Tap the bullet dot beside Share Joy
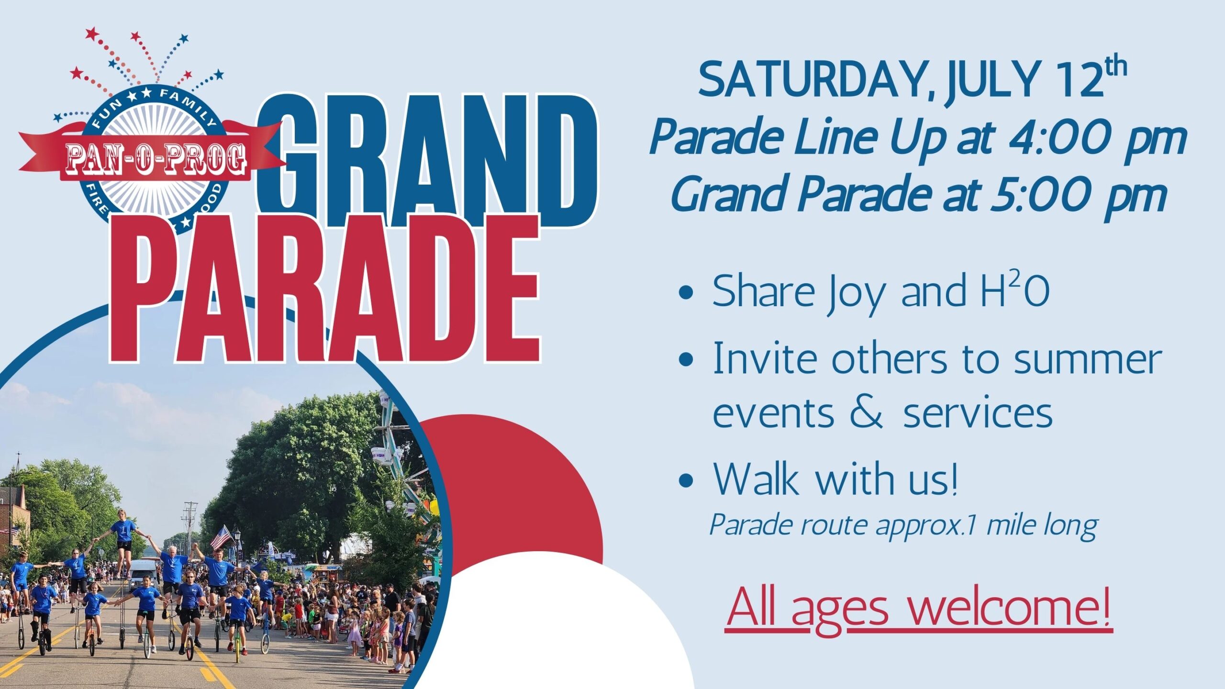(x=686, y=292)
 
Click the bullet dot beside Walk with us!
(x=686, y=480)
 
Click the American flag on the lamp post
(x=221, y=537)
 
